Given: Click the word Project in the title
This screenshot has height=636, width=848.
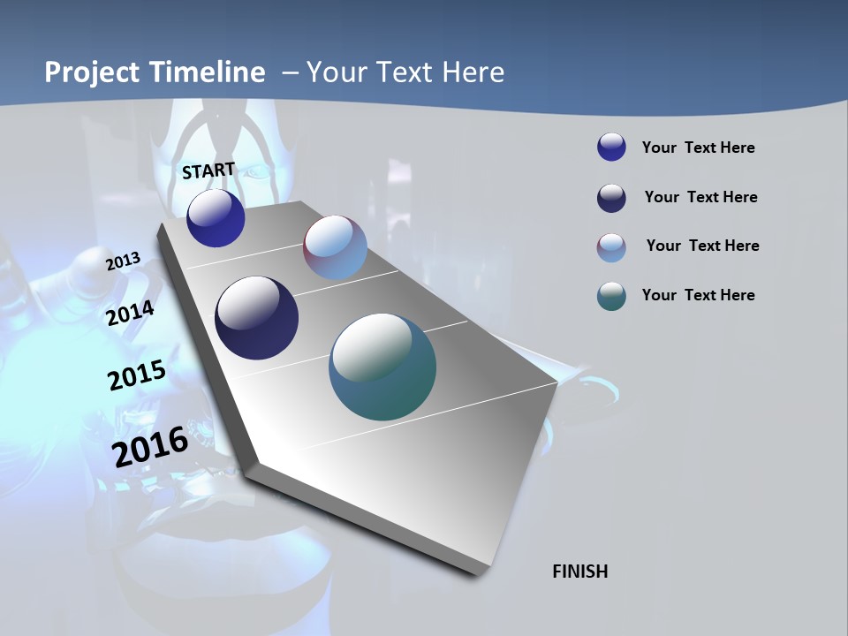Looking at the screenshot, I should coord(91,72).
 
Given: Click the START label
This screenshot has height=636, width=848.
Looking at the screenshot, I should coord(208,170).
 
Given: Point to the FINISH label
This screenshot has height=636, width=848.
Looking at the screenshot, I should coord(580,572).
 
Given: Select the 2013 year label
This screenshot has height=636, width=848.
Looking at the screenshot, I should coord(124,261).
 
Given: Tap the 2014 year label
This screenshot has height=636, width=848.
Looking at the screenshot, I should coord(131,314).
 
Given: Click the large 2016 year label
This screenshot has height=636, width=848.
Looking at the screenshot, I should coord(150,446).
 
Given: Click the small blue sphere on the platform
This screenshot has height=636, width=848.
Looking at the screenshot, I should coord(216,218).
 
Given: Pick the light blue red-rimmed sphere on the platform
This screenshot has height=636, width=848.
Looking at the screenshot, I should coord(335,247).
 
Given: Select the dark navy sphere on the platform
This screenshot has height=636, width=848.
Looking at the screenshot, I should coord(256,318).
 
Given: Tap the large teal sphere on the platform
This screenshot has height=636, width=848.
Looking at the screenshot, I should coord(382,367).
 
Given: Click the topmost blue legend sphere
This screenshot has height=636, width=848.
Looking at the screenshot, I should coord(611,147).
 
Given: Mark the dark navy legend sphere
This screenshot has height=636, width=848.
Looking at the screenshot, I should coord(611,198).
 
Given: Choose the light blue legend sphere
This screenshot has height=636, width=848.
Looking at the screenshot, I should coord(611,247).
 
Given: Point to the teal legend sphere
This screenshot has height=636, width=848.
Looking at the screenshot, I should coord(611,297).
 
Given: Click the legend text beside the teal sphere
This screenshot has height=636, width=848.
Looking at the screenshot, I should coord(698,295).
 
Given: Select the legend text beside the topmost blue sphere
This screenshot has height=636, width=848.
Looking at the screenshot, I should coord(698,148).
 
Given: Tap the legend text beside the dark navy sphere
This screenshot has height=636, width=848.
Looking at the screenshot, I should coord(700,197).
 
